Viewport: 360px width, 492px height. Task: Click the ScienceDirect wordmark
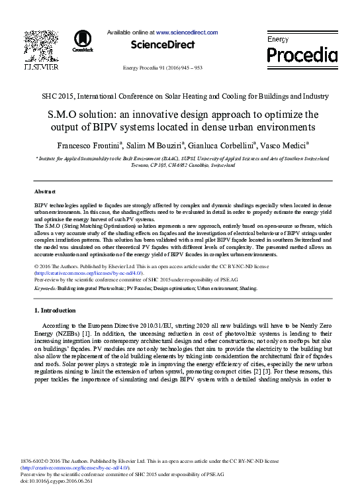pyautogui.click(x=163, y=44)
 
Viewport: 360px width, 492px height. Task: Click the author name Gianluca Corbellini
pyautogui.click(x=221, y=145)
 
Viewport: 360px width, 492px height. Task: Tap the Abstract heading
pyautogui.click(x=44, y=191)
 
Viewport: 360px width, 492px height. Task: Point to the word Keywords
pyautogui.click(x=44, y=289)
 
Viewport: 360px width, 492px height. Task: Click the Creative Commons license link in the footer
pyautogui.click(x=79, y=467)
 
